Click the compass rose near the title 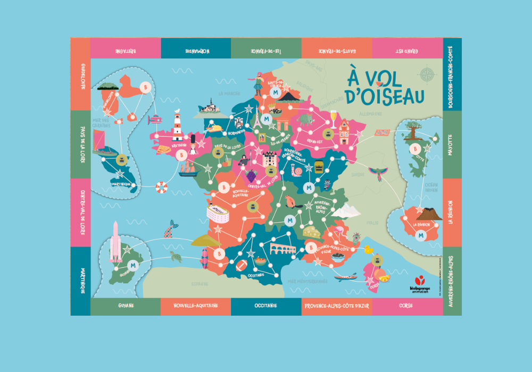click(427, 75)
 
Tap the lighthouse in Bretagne click(178, 126)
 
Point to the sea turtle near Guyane click(176, 258)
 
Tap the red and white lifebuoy click(161, 187)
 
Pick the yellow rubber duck click(368, 249)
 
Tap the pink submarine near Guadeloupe click(154, 120)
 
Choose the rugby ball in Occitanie click(240, 265)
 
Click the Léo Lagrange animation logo click(420, 284)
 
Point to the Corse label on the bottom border click(406, 306)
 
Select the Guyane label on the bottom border click(126, 306)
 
